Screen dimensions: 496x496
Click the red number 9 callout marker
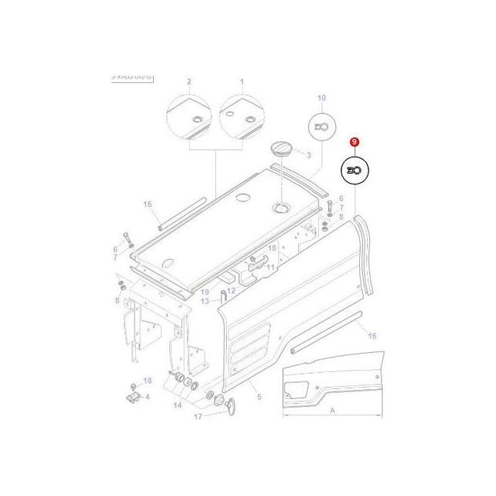click(354, 142)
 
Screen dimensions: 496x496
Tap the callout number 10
click(321, 98)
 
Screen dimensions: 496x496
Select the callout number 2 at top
click(188, 81)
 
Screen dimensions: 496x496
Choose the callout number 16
click(371, 336)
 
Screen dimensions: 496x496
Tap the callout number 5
click(259, 397)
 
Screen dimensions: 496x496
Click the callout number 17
click(198, 418)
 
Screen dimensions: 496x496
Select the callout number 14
click(178, 404)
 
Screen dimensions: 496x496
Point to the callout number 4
click(148, 397)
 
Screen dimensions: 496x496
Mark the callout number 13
click(205, 301)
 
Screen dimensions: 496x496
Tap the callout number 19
click(205, 292)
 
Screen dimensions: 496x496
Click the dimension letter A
click(332, 411)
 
